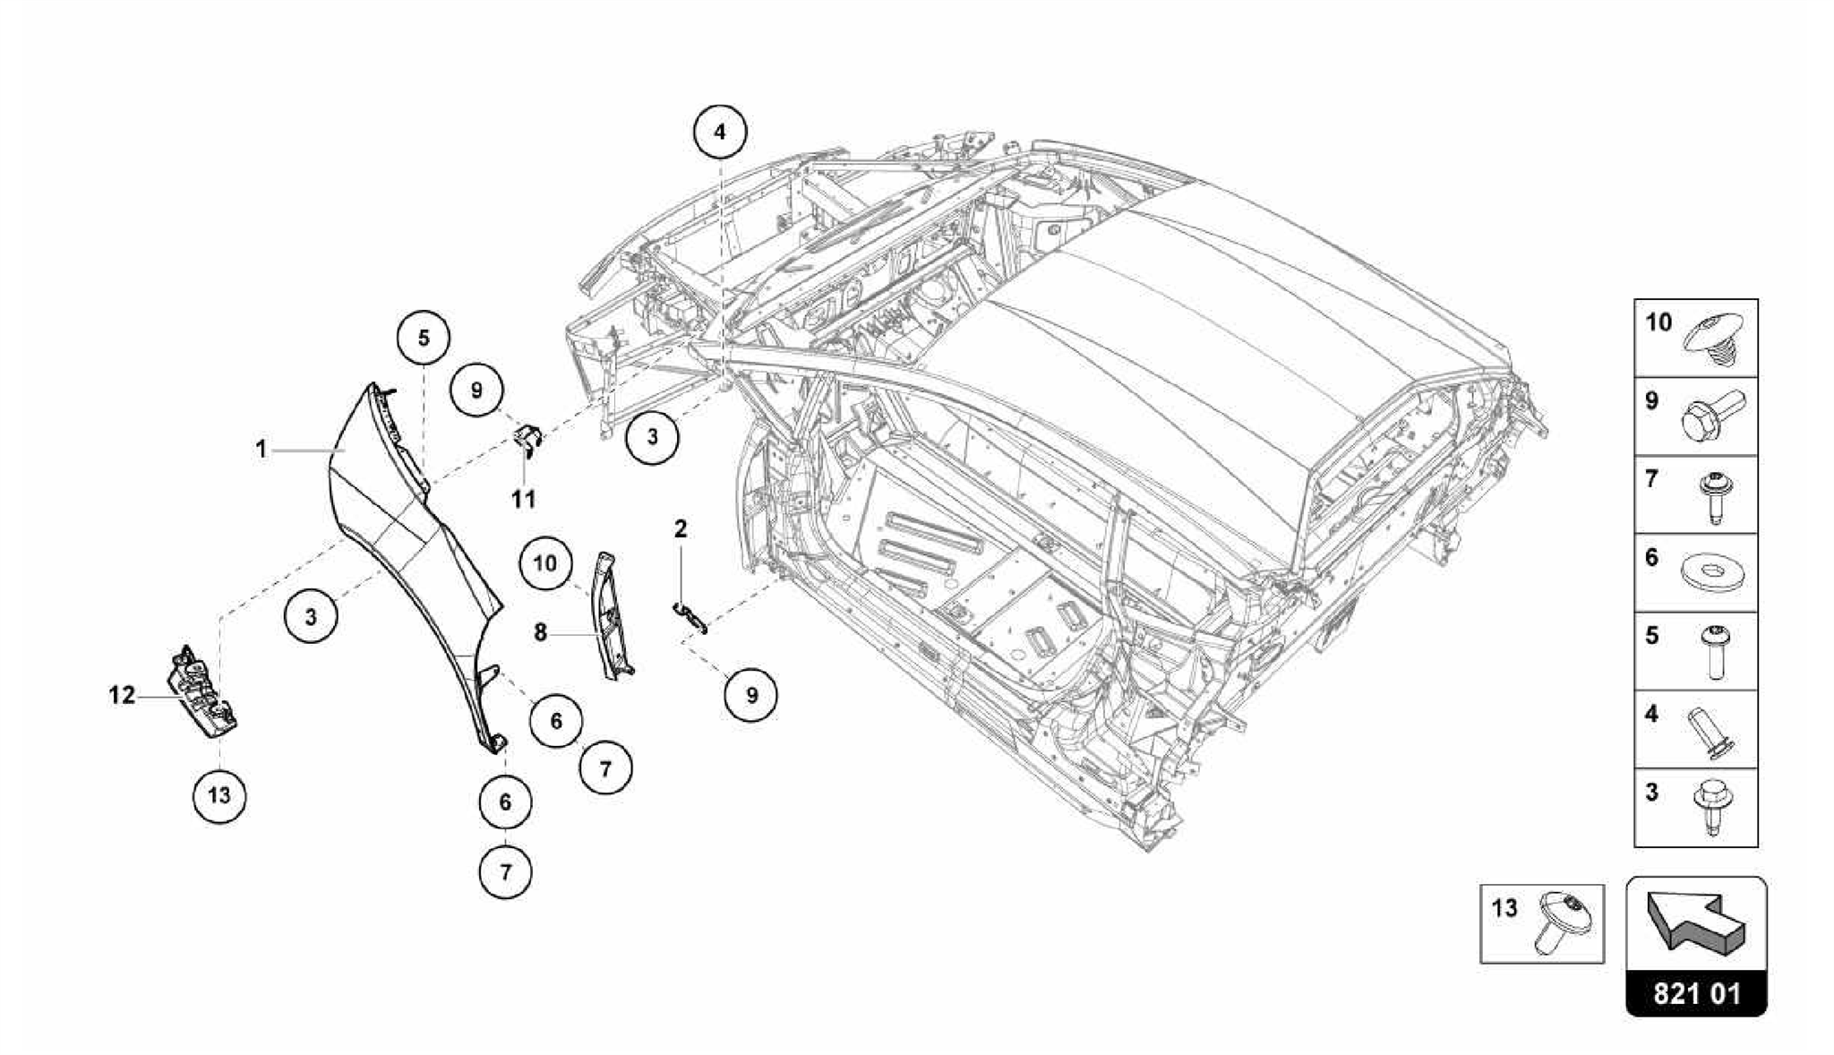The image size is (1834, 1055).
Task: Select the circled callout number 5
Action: coord(424,338)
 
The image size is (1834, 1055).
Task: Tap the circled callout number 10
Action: coord(544,563)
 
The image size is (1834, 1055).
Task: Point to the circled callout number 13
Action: coord(219,794)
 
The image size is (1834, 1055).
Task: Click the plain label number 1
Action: coord(261,449)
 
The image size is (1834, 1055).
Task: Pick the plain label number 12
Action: coord(122,694)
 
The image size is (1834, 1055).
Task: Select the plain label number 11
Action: coord(524,499)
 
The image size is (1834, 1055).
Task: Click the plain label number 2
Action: coord(681,528)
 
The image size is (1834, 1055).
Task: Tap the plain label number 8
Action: coord(540,632)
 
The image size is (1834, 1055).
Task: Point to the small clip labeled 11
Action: coord(529,441)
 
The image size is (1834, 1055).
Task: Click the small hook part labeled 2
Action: coord(690,616)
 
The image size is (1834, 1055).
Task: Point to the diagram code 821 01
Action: coord(1697,994)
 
